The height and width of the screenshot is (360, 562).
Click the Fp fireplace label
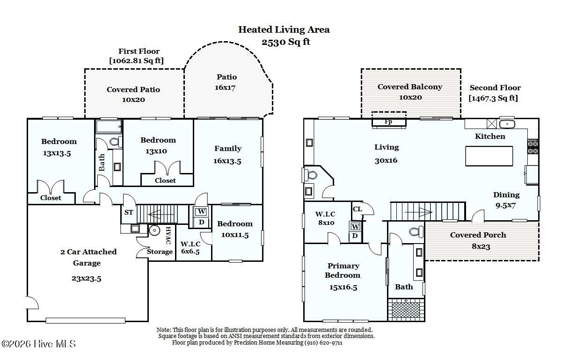pyautogui.click(x=388, y=122)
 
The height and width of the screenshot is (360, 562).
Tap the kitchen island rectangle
pyautogui.click(x=489, y=156)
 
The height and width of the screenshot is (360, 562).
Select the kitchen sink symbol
pyautogui.click(x=507, y=124)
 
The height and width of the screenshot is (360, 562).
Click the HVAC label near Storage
pyautogui.click(x=168, y=236)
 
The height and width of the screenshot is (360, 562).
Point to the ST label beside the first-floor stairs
pyautogui.click(x=129, y=213)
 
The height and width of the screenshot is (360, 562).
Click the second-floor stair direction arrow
pyautogui.click(x=418, y=212)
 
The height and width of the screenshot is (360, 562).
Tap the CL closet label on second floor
pyautogui.click(x=357, y=209)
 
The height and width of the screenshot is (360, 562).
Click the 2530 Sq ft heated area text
pyautogui.click(x=286, y=42)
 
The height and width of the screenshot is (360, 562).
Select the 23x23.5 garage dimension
pyautogui.click(x=87, y=279)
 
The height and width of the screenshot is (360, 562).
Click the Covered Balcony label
pyautogui.click(x=410, y=87)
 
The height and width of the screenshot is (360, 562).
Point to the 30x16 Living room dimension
pyautogui.click(x=386, y=160)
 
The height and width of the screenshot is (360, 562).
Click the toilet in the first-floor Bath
pyautogui.click(x=116, y=142)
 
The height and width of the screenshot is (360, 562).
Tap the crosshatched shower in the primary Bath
pyautogui.click(x=406, y=310)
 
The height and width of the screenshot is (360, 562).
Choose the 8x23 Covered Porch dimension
pyautogui.click(x=481, y=246)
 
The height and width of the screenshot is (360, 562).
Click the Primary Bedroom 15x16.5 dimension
pyautogui.click(x=343, y=287)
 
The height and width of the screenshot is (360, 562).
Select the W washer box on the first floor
pyautogui.click(x=202, y=212)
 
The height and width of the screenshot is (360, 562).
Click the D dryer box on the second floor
pyautogui.click(x=355, y=236)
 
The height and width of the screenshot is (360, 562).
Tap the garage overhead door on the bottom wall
pyautogui.click(x=86, y=321)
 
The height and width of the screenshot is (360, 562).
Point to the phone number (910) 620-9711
pyautogui.click(x=323, y=343)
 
